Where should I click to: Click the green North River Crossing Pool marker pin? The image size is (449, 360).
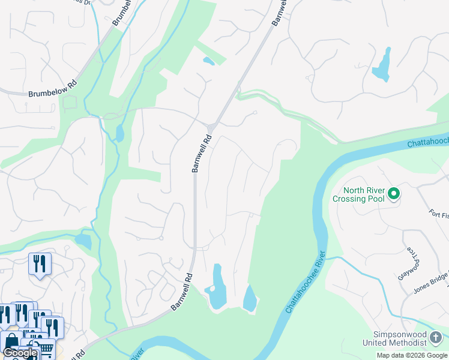[394, 193]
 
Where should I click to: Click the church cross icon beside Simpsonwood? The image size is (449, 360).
[437, 338]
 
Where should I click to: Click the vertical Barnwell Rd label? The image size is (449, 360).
[202, 153]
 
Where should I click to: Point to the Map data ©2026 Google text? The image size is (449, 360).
[412, 355]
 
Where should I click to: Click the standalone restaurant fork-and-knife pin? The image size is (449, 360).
[40, 264]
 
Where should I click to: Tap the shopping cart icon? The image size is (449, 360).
[47, 348]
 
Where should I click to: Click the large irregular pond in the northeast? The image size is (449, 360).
[382, 65]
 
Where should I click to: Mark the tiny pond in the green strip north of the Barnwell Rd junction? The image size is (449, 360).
[208, 61]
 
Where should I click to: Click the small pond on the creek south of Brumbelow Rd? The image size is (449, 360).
[119, 133]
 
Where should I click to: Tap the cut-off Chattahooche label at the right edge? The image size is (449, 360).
[427, 142]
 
